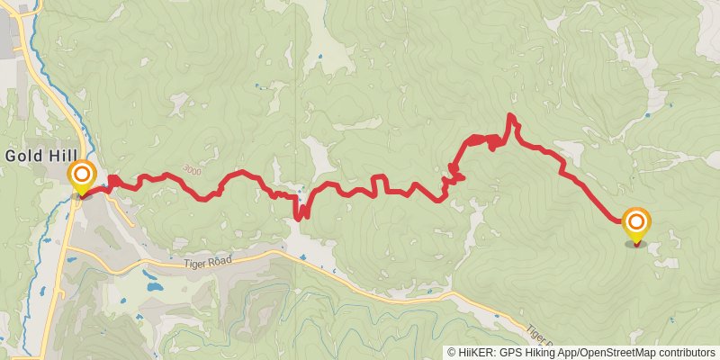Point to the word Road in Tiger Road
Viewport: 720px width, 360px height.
[x=217, y=259]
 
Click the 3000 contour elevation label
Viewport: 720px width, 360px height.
[x=192, y=168]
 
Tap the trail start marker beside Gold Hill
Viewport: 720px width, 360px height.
[x=82, y=175]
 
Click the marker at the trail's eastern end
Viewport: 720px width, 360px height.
[x=636, y=224]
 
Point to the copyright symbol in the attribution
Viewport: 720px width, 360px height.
[x=452, y=353]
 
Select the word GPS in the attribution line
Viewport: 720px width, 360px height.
[x=512, y=353]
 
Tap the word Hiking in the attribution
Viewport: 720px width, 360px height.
[x=542, y=353]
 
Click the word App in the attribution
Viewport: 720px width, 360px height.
[x=570, y=353]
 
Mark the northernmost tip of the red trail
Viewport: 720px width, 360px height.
[x=510, y=115]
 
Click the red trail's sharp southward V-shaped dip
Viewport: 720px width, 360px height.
[x=299, y=216]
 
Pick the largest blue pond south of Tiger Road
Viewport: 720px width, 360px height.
[x=153, y=288]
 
